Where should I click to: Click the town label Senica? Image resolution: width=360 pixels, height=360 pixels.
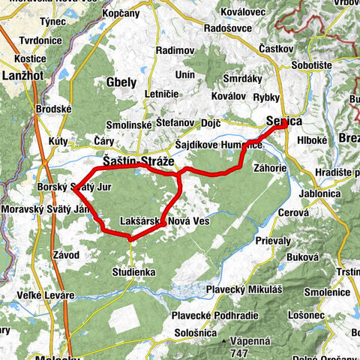pyautogui.click(x=284, y=121)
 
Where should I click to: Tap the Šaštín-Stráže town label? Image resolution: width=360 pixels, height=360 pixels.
pyautogui.click(x=137, y=161)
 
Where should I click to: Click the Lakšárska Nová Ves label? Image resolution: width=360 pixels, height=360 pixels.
pyautogui.click(x=163, y=222)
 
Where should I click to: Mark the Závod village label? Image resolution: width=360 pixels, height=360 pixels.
pyautogui.click(x=65, y=255)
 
